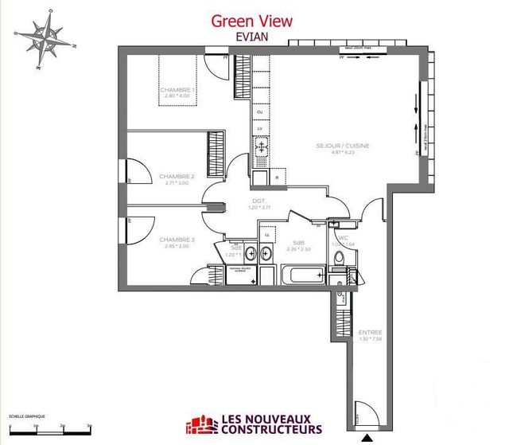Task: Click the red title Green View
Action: [251, 21]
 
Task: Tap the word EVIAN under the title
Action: [251, 37]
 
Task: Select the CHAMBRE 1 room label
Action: [177, 91]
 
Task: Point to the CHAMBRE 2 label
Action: [177, 176]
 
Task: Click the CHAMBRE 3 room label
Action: [177, 239]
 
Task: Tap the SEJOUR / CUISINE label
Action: [343, 146]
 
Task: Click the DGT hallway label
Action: [258, 201]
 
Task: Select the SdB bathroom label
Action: [299, 242]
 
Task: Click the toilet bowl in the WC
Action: [339, 258]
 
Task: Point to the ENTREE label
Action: [370, 332]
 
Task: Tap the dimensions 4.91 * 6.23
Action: [343, 154]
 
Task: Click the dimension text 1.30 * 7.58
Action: [370, 340]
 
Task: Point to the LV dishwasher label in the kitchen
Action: [259, 128]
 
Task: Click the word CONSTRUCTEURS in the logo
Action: [266, 435]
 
